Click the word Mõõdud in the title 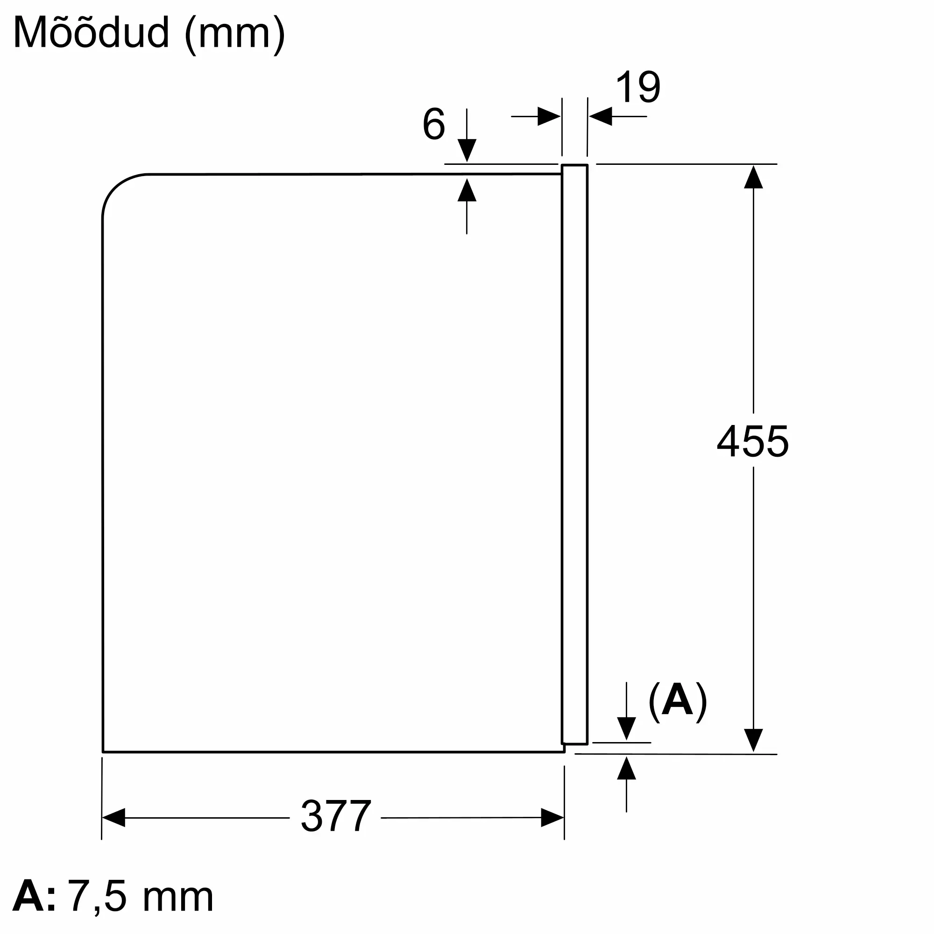[92, 33]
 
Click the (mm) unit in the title [235, 35]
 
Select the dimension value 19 [637, 87]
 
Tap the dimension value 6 [434, 124]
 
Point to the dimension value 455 [753, 441]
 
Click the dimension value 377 [335, 816]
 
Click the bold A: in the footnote [34, 897]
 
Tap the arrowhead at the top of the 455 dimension [753, 177]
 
